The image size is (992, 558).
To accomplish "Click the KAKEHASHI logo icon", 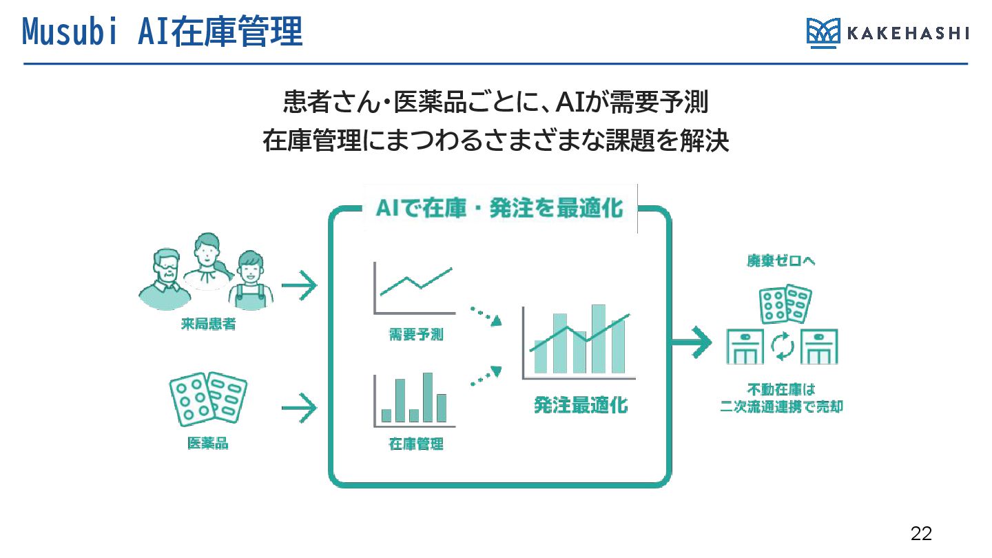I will click(823, 33).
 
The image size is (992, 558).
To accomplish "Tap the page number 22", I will click(921, 533).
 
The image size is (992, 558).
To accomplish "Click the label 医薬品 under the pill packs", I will click(207, 444).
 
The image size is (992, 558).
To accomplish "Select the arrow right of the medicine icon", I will click(299, 409).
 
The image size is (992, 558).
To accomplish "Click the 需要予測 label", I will click(415, 335).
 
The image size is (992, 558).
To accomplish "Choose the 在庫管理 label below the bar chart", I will click(415, 444).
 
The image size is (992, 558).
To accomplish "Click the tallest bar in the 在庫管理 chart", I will click(428, 397).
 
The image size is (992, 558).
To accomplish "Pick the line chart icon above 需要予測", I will click(413, 286).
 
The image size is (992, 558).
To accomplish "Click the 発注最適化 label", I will click(581, 404).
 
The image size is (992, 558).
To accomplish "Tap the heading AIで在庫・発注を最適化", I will click(499, 208).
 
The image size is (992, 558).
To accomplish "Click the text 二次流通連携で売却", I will click(781, 406).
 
